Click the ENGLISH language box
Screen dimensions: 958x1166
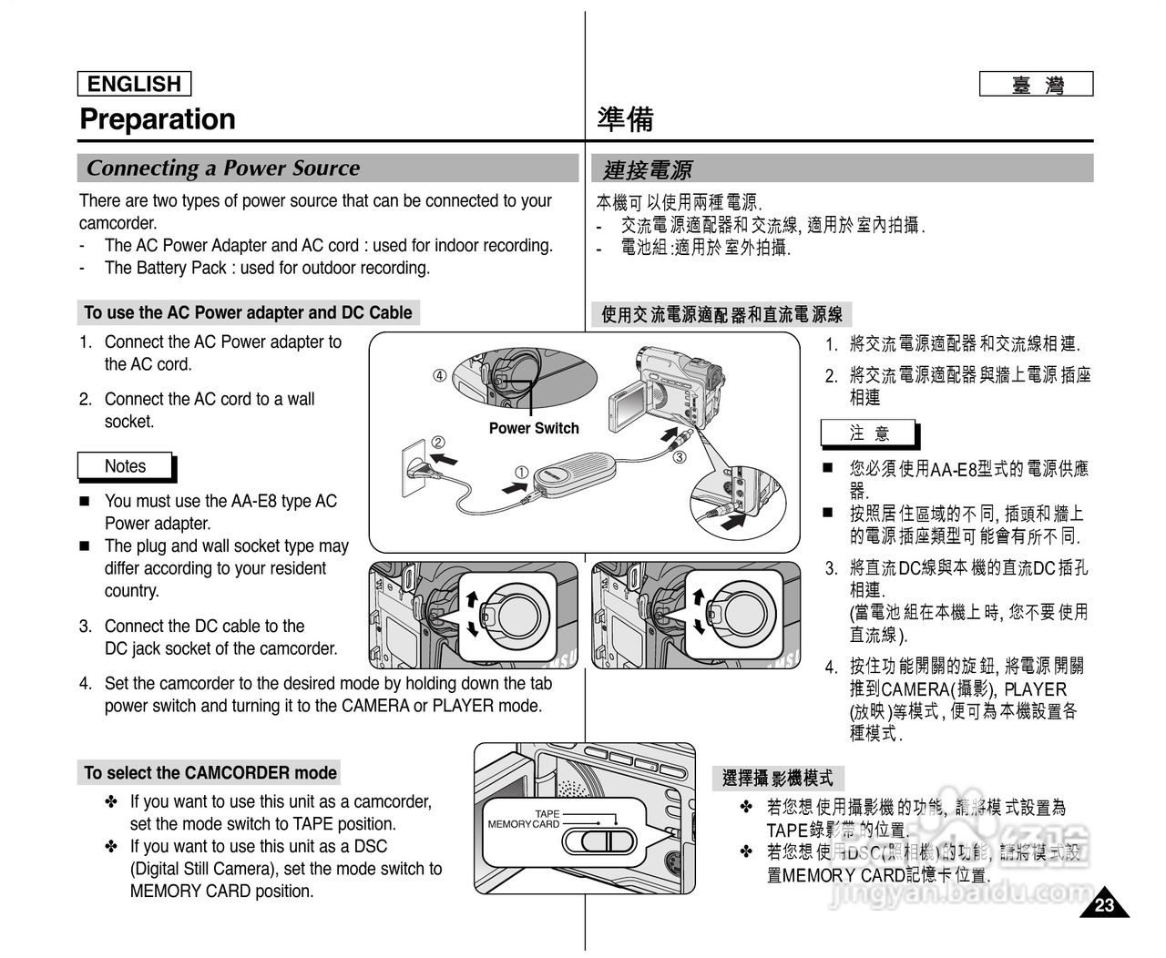pyautogui.click(x=134, y=84)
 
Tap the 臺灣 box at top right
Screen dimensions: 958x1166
pyautogui.click(x=1036, y=85)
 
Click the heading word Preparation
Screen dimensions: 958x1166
pyautogui.click(x=158, y=119)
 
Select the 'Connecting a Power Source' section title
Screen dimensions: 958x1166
pyautogui.click(x=223, y=168)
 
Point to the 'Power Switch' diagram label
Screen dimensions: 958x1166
pyautogui.click(x=533, y=428)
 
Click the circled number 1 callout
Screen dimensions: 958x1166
pyautogui.click(x=521, y=472)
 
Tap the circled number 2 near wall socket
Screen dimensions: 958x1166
pyautogui.click(x=437, y=443)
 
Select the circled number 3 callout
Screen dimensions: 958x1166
pyautogui.click(x=679, y=457)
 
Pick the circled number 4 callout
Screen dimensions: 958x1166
pyautogui.click(x=439, y=375)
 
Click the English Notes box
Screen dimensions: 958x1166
pyautogui.click(x=125, y=466)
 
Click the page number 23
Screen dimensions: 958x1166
pyautogui.click(x=1104, y=905)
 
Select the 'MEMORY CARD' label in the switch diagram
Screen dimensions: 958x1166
pyautogui.click(x=524, y=824)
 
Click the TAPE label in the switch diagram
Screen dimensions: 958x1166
pyautogui.click(x=547, y=813)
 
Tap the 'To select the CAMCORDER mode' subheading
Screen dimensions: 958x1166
pyautogui.click(x=210, y=773)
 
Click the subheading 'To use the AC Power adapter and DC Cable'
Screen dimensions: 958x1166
pyautogui.click(x=248, y=313)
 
